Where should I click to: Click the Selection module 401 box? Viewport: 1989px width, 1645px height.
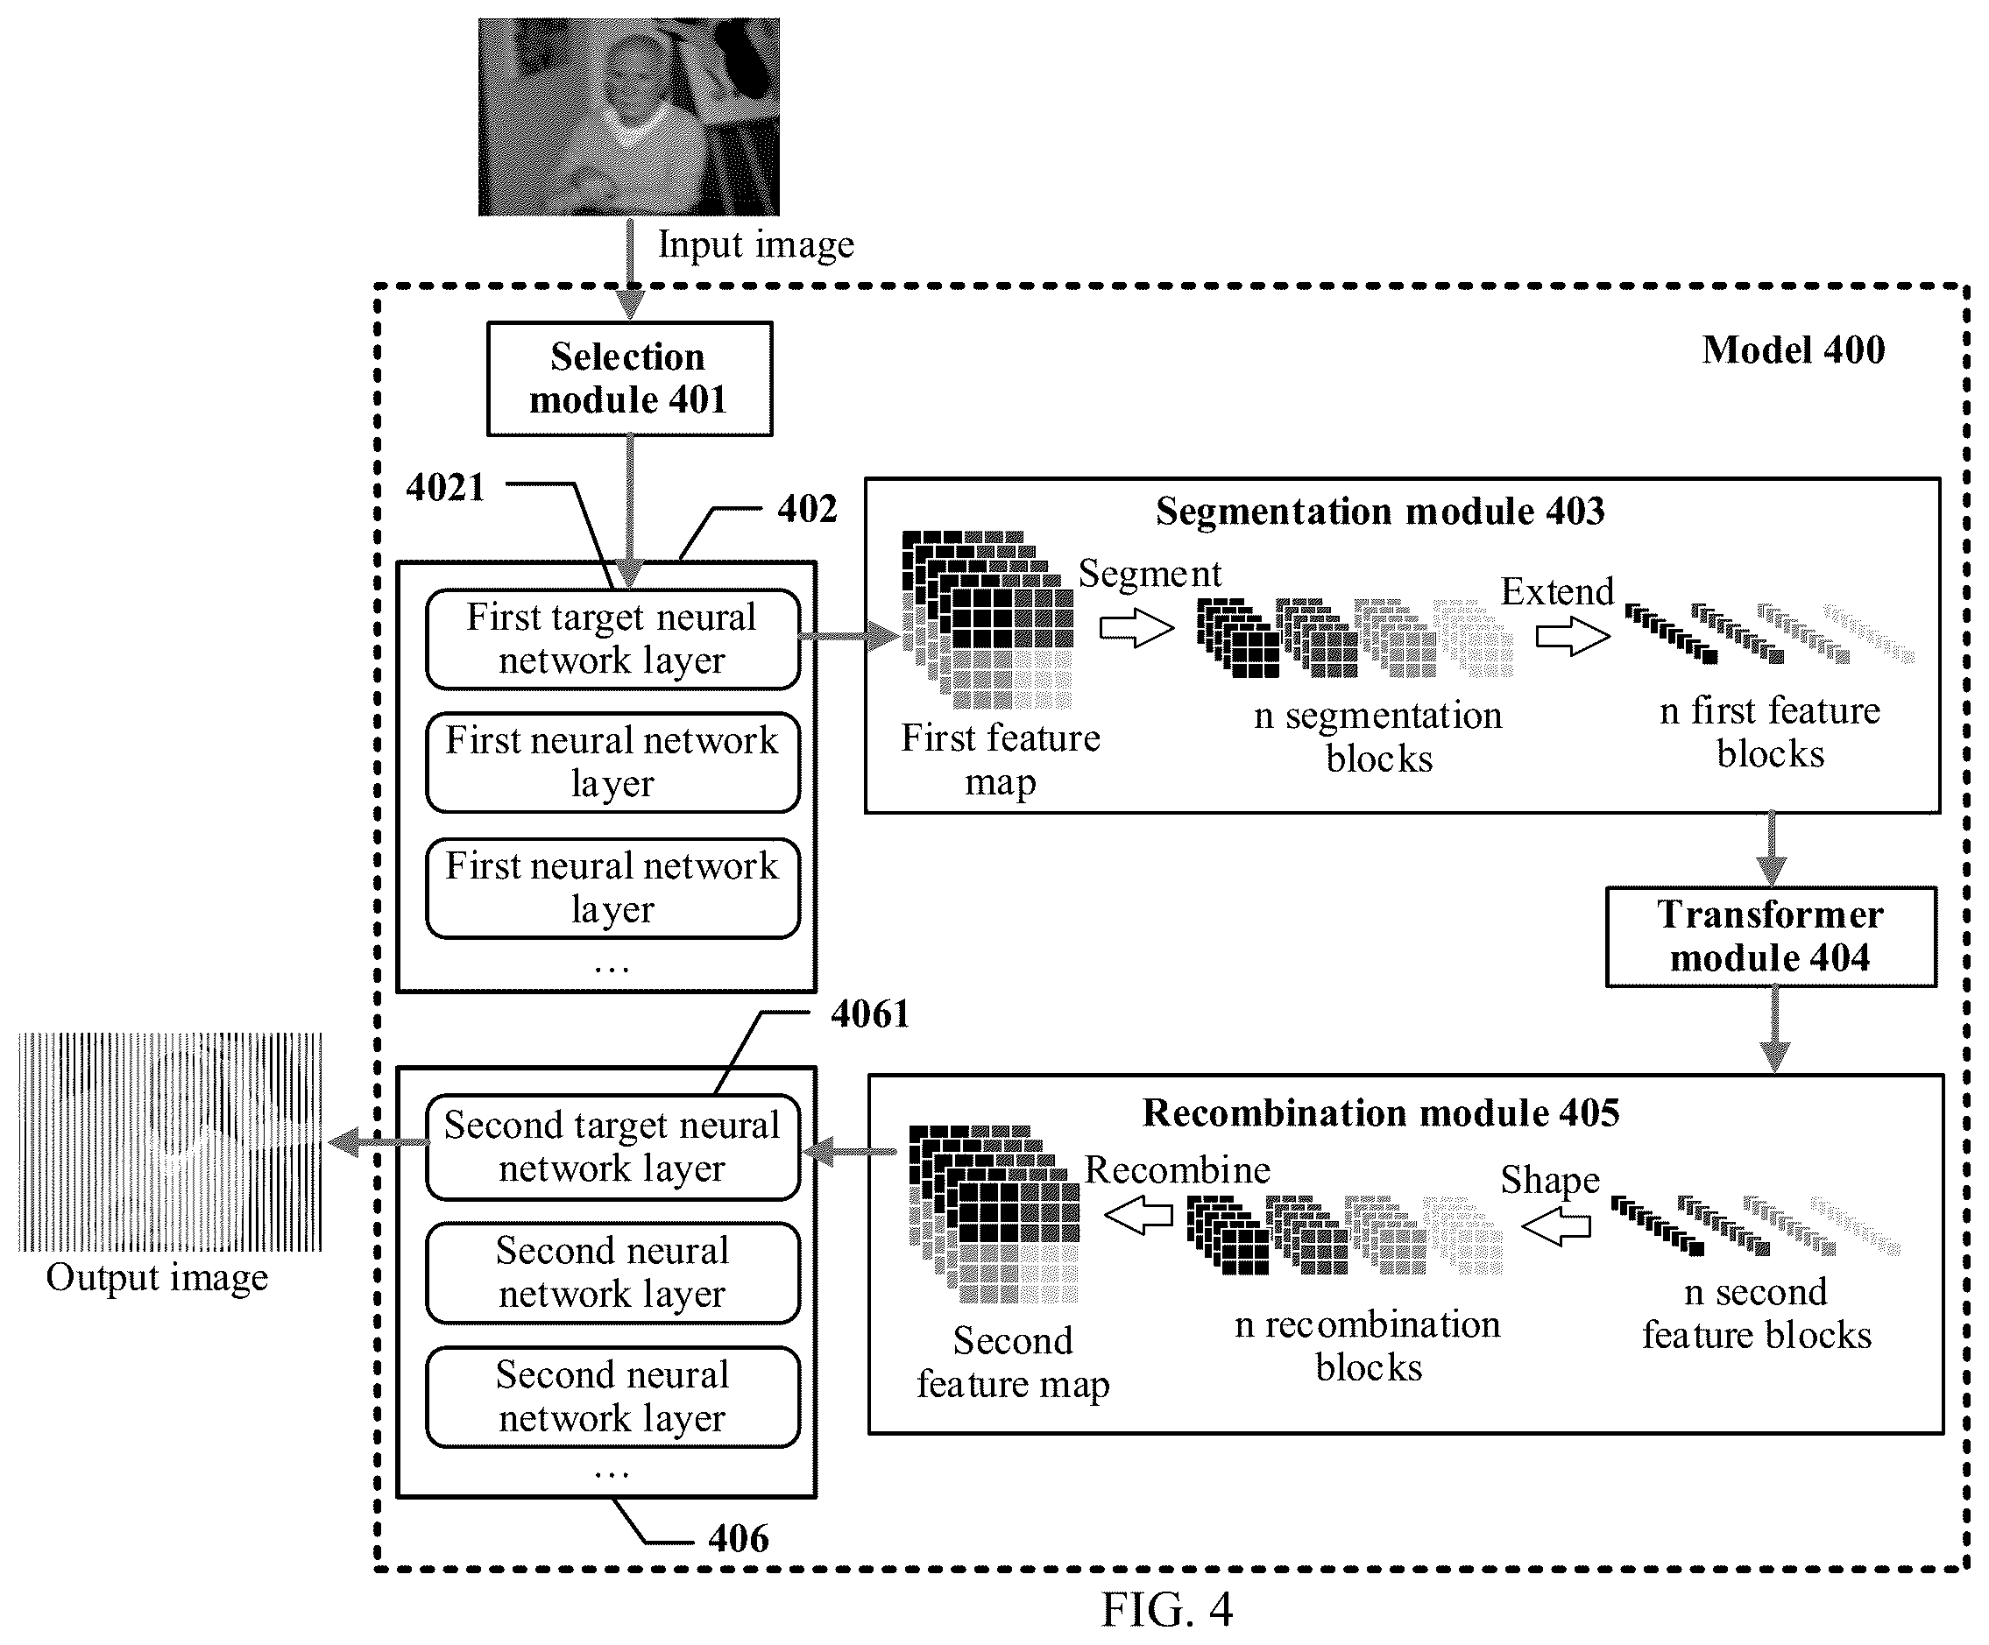point(629,378)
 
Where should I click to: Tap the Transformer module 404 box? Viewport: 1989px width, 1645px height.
point(1770,936)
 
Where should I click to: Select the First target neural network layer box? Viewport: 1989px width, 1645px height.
point(612,639)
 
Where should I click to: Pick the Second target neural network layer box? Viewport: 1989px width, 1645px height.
point(612,1147)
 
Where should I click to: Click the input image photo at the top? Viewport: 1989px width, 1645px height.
point(629,116)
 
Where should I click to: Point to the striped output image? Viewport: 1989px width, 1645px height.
point(171,1142)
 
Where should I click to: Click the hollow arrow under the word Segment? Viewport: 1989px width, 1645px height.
point(1136,629)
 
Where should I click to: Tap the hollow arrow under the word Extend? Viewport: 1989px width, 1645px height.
point(1572,637)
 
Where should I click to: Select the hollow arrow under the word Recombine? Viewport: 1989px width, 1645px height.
point(1139,1215)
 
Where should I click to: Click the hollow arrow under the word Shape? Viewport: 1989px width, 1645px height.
point(1556,1226)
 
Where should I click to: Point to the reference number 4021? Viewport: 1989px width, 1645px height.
point(445,488)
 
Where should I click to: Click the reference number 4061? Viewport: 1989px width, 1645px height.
point(869,1014)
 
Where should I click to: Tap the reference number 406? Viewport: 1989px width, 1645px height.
point(739,1538)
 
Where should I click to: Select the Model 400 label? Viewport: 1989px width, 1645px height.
point(1793,349)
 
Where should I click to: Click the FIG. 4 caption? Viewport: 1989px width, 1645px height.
point(1167,1609)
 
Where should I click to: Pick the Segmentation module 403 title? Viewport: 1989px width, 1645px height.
point(1380,512)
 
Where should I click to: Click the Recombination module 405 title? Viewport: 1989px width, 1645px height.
point(1381,1112)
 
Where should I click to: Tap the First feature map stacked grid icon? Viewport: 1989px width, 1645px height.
point(987,620)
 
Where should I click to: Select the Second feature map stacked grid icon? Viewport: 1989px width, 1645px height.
point(994,1214)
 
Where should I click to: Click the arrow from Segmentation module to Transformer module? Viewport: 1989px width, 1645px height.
point(1771,849)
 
